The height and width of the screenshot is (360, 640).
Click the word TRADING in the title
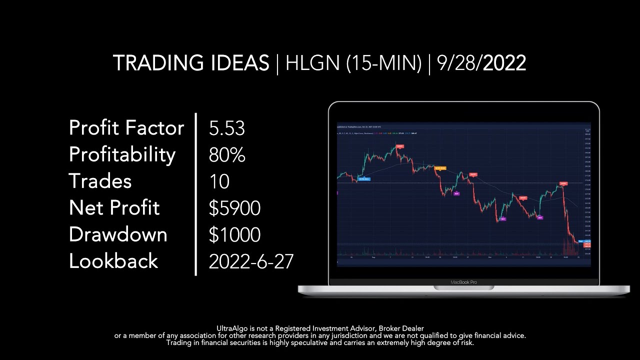point(152,63)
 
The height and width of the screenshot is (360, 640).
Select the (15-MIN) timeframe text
point(383,63)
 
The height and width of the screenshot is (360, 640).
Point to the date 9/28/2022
point(481,63)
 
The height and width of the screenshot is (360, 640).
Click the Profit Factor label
point(126,128)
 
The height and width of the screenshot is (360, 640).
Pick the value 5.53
point(227,128)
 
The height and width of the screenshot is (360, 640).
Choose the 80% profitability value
point(227,155)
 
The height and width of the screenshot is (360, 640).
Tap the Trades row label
point(100,181)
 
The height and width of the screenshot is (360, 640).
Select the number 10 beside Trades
point(219,181)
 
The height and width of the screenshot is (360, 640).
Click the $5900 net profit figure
point(234,208)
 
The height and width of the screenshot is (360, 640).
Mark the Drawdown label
point(118,234)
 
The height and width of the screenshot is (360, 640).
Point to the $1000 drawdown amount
point(234,234)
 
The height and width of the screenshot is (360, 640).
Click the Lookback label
point(113,261)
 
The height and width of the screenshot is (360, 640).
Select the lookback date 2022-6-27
point(251,261)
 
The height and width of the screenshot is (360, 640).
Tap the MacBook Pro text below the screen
point(463,282)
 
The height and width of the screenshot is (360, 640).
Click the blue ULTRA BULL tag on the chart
point(364,179)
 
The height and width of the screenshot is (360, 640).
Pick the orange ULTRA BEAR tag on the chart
point(440,168)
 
